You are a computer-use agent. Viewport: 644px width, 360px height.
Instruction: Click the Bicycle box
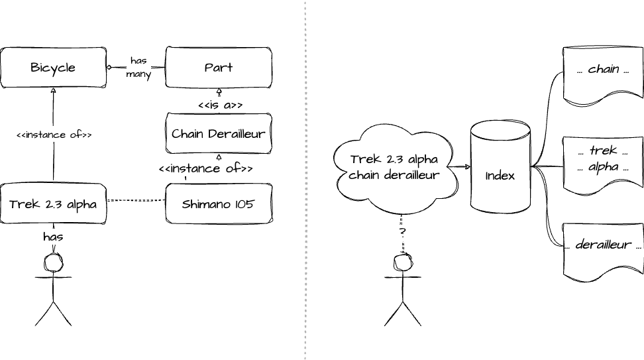pyautogui.click(x=53, y=67)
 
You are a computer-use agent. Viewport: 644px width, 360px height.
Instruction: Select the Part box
pyautogui.click(x=218, y=67)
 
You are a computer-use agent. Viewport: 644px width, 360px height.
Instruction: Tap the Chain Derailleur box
pyautogui.click(x=218, y=134)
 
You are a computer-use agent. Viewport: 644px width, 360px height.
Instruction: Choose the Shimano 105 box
pyautogui.click(x=218, y=204)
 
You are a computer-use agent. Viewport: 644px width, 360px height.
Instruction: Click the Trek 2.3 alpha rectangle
pyautogui.click(x=53, y=204)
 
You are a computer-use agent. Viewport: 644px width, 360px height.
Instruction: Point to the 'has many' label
pyautogui.click(x=138, y=68)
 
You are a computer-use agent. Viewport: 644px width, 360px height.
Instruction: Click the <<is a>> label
pyautogui.click(x=220, y=105)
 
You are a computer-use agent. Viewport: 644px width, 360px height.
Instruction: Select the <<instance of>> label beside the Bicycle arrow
pyautogui.click(x=54, y=135)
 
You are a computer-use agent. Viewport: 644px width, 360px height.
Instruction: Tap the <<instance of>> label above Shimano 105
pyautogui.click(x=205, y=168)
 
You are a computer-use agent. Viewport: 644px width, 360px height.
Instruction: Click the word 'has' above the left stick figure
pyautogui.click(x=53, y=236)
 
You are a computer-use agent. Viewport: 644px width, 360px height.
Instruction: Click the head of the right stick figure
pyautogui.click(x=402, y=263)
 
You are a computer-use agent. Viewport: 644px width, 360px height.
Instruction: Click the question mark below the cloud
pyautogui.click(x=402, y=232)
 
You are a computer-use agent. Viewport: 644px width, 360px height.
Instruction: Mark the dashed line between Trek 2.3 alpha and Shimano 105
pyautogui.click(x=136, y=200)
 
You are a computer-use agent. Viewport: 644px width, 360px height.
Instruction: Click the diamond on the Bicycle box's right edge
pyautogui.click(x=110, y=67)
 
